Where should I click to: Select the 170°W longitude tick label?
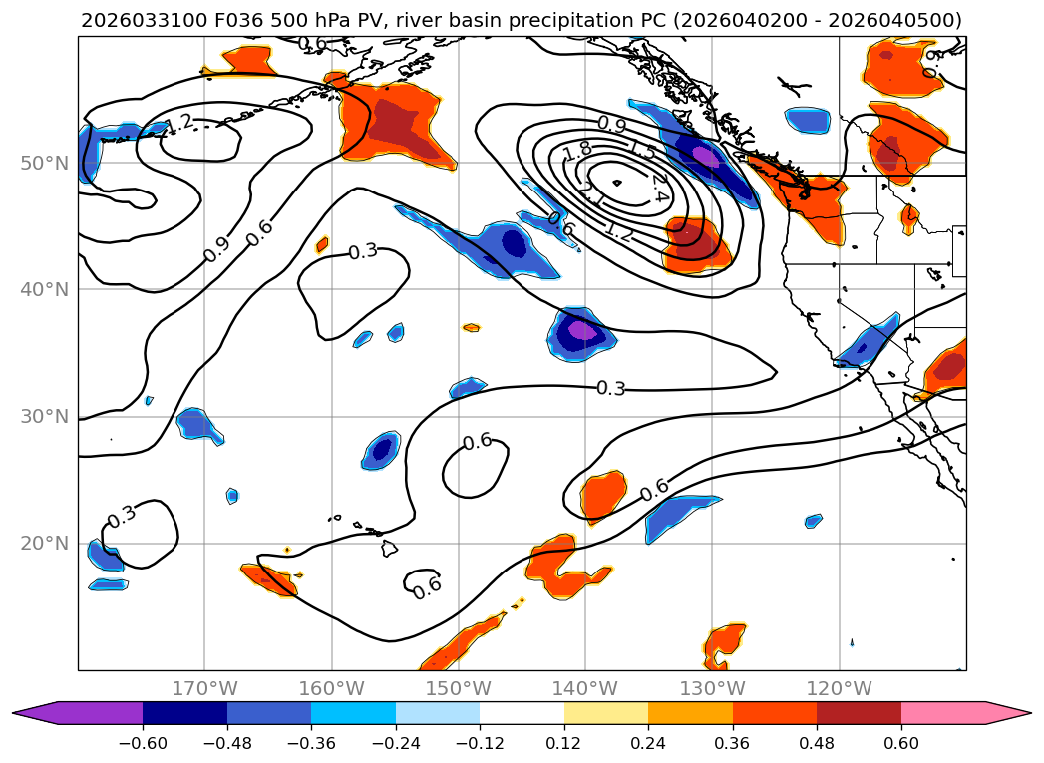coord(204,688)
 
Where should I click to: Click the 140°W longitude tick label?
coord(585,688)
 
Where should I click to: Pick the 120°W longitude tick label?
coord(840,688)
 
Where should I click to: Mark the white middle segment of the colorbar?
coord(522,712)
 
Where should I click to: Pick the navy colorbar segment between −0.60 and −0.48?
coord(184,712)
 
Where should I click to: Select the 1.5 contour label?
coord(643,152)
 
